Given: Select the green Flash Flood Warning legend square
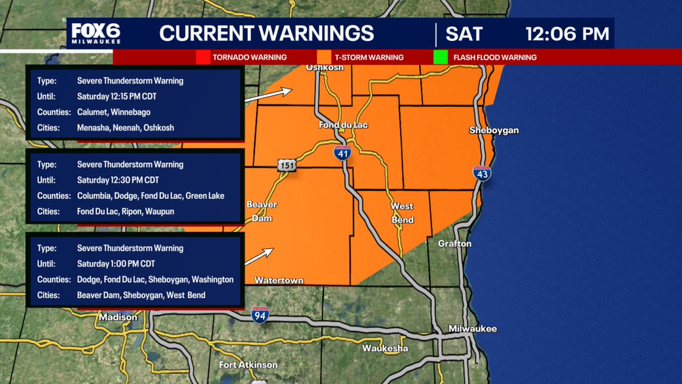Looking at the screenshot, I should [440, 57].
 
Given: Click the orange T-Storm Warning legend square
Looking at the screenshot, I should [324, 57].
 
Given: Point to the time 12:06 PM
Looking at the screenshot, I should [567, 34].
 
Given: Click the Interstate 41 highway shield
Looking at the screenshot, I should [342, 152].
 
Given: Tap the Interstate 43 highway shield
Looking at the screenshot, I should [481, 174].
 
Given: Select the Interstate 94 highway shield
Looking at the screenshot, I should [260, 314].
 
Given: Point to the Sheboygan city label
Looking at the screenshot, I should [493, 130].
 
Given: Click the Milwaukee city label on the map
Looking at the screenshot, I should [472, 329].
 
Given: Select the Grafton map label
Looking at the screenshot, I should [455, 243].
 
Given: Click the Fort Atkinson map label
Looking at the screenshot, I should [248, 365].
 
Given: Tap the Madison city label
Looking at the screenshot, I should [118, 317].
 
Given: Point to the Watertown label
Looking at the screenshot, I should [278, 280].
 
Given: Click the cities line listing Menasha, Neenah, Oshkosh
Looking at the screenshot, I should [126, 128].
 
